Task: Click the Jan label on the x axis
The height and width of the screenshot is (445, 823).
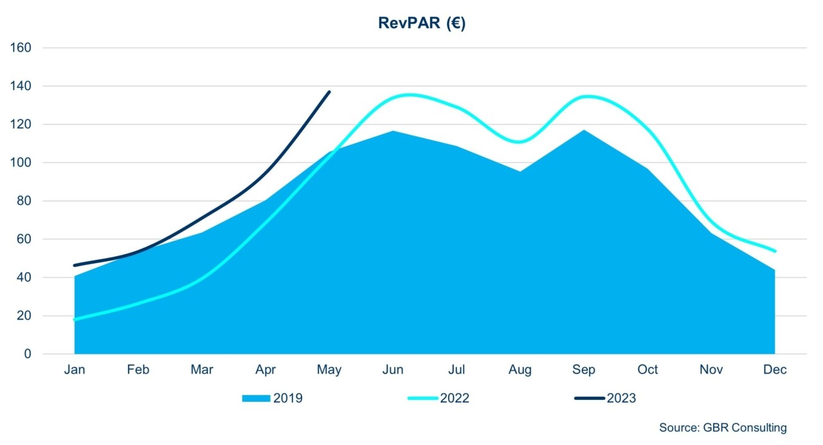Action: click(x=75, y=370)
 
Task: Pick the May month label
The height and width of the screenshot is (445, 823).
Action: click(x=329, y=370)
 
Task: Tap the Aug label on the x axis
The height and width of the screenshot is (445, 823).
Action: click(x=520, y=370)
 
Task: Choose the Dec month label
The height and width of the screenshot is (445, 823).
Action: click(x=775, y=370)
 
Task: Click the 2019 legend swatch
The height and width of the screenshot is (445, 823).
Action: click(x=256, y=399)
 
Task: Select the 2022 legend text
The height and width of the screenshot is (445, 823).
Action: click(x=455, y=399)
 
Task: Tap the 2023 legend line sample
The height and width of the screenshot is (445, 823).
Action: click(x=589, y=399)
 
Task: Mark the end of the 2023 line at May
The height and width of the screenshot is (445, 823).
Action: click(x=329, y=92)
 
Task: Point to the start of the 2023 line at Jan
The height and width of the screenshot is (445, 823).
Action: click(x=75, y=265)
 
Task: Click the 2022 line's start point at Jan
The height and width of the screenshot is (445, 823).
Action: click(x=75, y=319)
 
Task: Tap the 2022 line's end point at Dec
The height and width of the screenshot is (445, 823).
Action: click(x=775, y=251)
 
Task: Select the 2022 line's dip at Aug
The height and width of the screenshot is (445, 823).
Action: click(x=520, y=141)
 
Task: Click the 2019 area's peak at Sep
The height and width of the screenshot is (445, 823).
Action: click(x=584, y=131)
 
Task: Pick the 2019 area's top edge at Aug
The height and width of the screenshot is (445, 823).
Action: click(x=520, y=171)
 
